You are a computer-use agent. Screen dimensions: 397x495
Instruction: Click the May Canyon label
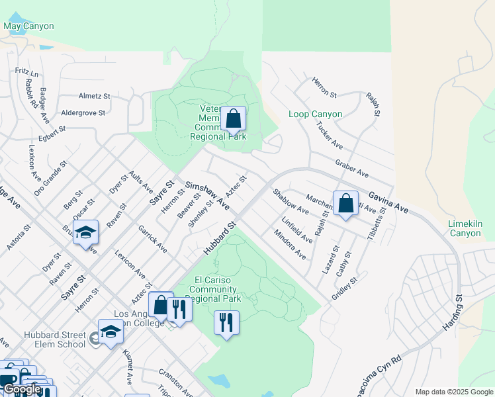pyautogui.click(x=28, y=26)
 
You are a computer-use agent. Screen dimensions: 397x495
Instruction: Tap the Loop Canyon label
pyautogui.click(x=316, y=114)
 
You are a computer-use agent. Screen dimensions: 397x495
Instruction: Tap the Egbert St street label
pyautogui.click(x=53, y=131)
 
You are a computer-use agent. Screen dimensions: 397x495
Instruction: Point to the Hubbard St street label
pyautogui.click(x=220, y=239)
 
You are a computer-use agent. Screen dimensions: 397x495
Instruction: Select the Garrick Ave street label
pyautogui.click(x=152, y=239)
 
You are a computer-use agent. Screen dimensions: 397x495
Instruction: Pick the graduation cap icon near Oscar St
pyautogui.click(x=85, y=233)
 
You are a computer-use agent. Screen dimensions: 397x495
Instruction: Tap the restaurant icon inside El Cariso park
pyautogui.click(x=226, y=322)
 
